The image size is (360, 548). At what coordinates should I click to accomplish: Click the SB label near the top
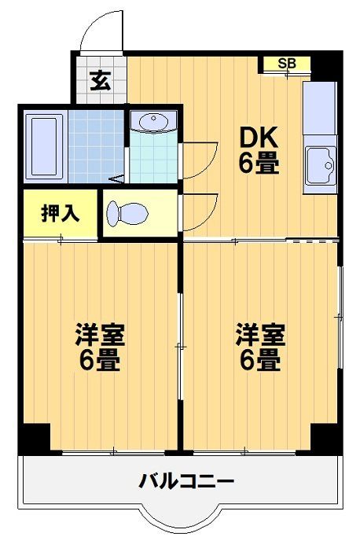[287, 64]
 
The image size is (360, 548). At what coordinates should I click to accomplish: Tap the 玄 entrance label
[101, 81]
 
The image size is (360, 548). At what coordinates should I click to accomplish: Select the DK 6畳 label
[259, 150]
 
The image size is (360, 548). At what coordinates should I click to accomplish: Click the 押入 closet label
[60, 213]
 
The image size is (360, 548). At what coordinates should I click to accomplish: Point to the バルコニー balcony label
[186, 481]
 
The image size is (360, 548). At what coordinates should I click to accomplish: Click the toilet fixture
[127, 213]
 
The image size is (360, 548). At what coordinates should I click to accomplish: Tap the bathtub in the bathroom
[44, 147]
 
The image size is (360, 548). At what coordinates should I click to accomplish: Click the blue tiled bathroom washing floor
[97, 146]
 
